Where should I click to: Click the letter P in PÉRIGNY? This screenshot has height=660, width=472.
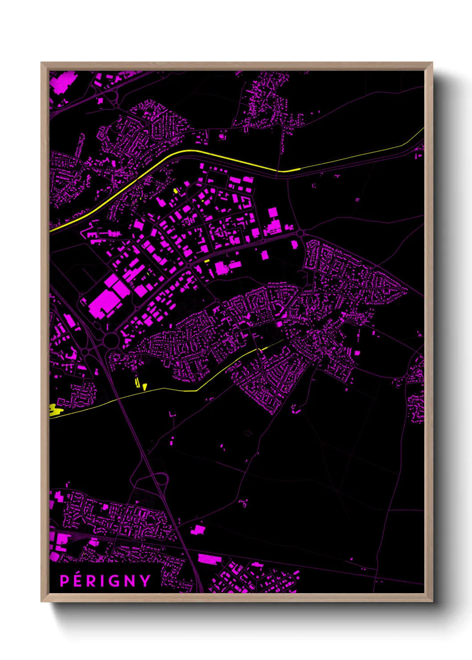(x=64, y=581)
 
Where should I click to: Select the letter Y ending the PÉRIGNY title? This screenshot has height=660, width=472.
(x=145, y=581)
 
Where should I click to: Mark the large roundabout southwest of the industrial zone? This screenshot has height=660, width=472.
(x=110, y=340)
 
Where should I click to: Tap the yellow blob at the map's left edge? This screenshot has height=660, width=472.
(x=55, y=410)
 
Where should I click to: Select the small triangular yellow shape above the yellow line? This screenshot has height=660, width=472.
(x=145, y=386)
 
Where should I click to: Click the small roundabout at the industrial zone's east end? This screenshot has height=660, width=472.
(x=300, y=233)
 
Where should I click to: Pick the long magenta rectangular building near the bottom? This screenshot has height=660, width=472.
(x=210, y=559)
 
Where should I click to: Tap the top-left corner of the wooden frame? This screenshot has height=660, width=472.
(x=41, y=63)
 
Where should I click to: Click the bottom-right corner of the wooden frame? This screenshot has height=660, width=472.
(x=432, y=601)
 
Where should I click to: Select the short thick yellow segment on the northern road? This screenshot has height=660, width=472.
(x=289, y=170)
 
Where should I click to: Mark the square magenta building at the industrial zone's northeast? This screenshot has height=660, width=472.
(x=273, y=213)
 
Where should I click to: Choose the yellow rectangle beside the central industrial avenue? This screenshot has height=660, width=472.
(x=207, y=261)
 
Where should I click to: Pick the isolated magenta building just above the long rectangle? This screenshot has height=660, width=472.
(x=198, y=530)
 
